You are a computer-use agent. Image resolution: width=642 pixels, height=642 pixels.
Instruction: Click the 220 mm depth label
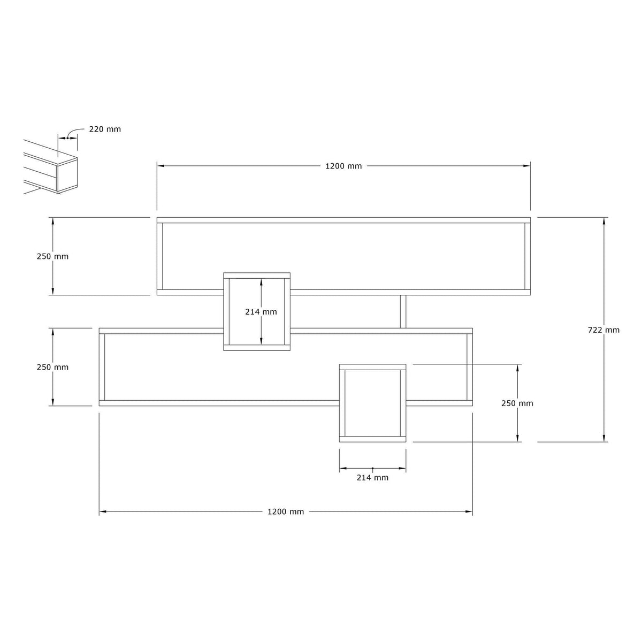(105, 129)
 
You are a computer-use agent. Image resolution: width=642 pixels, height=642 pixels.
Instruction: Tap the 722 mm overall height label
(603, 330)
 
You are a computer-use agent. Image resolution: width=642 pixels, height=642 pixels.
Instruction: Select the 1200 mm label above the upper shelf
(343, 166)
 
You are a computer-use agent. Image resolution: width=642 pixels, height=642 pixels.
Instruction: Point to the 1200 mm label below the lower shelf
(286, 511)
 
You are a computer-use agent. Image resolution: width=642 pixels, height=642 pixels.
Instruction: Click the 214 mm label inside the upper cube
(261, 312)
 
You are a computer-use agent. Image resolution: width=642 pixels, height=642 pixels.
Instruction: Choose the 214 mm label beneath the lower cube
(372, 478)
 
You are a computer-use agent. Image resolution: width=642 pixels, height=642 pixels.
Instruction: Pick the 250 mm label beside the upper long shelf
(52, 257)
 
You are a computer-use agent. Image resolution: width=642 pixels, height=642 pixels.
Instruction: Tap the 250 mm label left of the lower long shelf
(52, 367)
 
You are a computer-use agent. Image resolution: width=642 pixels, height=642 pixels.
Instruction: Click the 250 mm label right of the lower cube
(517, 403)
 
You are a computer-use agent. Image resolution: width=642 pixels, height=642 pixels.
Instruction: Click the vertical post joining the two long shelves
(403, 311)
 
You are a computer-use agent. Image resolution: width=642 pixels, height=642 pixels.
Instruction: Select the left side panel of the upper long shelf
(160, 256)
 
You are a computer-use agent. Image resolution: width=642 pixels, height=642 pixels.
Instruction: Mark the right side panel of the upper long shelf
(528, 256)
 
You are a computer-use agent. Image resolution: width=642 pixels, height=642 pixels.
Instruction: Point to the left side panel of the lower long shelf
(102, 367)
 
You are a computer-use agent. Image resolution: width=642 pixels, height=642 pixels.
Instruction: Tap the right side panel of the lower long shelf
(470, 367)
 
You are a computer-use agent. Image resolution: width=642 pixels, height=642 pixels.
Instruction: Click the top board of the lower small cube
(372, 367)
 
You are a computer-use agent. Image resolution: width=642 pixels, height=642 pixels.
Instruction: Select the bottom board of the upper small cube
(257, 348)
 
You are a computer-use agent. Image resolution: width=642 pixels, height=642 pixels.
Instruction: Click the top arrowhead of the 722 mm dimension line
(603, 221)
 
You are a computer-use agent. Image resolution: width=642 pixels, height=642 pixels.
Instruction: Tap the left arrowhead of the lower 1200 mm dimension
(103, 511)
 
